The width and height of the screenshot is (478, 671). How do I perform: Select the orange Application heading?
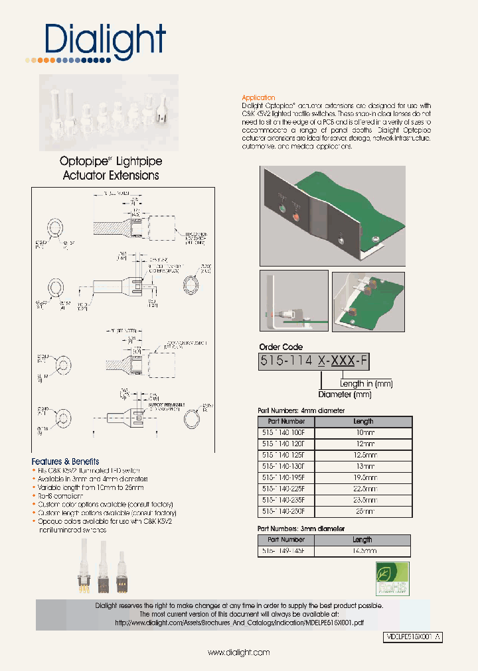pos(258,97)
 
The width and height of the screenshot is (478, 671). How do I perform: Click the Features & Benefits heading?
pos(65,461)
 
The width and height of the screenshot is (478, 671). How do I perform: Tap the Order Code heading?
pos(280,347)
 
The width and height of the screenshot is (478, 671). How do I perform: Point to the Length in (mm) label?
pos(366,383)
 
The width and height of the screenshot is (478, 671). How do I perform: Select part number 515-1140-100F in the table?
pos(286,432)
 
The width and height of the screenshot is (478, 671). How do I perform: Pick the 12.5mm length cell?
pos(363,455)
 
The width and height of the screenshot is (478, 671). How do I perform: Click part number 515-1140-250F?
pos(286,511)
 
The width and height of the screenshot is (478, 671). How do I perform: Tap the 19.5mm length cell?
pos(363,477)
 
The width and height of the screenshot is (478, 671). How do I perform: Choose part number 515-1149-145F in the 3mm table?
pos(286,550)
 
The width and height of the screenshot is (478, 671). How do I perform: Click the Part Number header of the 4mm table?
pos(286,421)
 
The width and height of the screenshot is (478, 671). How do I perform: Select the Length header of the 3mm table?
pos(362,540)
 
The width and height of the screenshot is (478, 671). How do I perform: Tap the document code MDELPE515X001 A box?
pos(413,637)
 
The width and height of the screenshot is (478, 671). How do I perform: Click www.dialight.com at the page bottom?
pos(238,652)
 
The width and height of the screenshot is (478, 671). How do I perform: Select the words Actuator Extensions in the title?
pos(111,176)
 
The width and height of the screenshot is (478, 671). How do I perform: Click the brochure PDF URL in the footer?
pos(239,623)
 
